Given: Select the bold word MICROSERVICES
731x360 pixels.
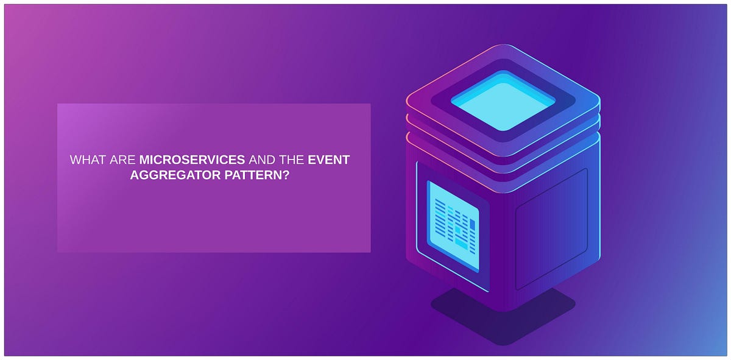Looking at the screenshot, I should coord(192,160).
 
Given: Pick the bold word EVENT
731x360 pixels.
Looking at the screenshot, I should coord(329,160).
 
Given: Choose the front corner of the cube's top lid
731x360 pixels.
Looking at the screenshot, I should coord(503,155).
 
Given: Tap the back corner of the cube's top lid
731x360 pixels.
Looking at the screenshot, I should coord(503,46).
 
